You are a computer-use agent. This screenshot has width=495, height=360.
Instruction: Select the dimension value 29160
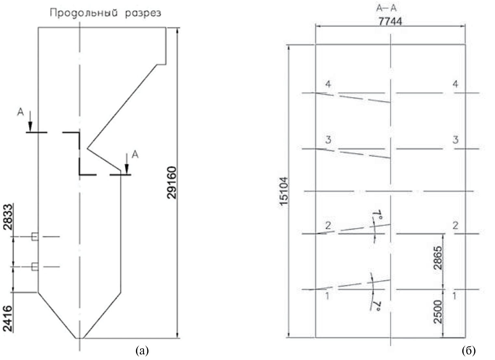click(172, 183)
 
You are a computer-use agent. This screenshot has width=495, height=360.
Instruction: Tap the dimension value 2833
click(8, 217)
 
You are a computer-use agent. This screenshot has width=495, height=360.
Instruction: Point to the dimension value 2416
click(8, 318)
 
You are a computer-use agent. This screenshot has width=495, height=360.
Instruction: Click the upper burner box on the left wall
click(35, 237)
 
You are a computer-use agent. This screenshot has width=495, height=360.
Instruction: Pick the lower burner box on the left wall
click(35, 267)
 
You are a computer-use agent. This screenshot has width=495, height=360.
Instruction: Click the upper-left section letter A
click(20, 112)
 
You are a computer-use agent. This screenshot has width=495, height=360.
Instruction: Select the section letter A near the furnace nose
click(135, 155)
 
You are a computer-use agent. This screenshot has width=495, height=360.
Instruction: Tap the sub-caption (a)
click(142, 350)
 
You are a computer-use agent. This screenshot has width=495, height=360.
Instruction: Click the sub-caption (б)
click(469, 350)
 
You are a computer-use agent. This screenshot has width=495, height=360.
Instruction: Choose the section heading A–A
click(386, 8)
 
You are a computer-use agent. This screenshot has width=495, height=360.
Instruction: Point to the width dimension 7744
click(390, 21)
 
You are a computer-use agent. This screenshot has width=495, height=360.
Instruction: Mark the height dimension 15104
click(284, 191)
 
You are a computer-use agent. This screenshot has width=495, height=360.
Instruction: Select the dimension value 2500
click(438, 312)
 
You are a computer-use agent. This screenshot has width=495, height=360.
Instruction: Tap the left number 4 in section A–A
click(328, 84)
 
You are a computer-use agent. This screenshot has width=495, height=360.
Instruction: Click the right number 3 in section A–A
click(455, 140)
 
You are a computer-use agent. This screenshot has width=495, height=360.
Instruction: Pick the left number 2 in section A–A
click(328, 226)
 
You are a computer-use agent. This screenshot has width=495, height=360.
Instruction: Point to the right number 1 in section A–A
click(454, 296)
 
